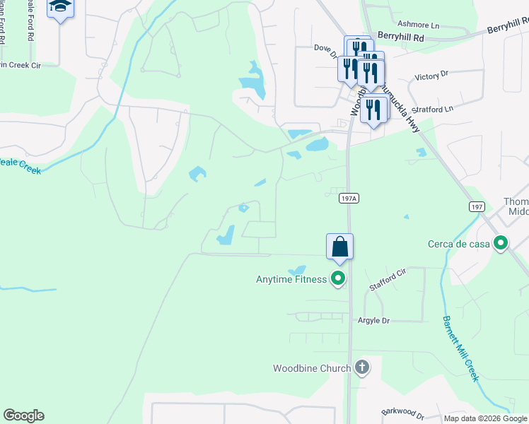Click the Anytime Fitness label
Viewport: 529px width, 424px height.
[291, 279]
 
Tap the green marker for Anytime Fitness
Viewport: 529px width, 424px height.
[338, 279]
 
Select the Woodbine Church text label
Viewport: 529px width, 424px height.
[312, 368]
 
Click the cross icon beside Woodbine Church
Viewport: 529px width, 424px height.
[362, 367]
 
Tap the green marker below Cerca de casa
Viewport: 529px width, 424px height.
[501, 245]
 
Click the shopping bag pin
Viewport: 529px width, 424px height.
[339, 247]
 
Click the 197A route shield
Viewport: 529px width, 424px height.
[349, 199]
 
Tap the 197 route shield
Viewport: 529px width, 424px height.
[477, 206]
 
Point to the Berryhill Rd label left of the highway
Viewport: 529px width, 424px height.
[400, 35]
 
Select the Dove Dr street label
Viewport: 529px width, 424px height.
[327, 47]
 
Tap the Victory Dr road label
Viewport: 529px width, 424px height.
[431, 75]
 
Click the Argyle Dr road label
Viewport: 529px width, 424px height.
[375, 320]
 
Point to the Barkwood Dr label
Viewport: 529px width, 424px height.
[402, 412]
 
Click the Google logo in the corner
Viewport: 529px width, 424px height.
[23, 416]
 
